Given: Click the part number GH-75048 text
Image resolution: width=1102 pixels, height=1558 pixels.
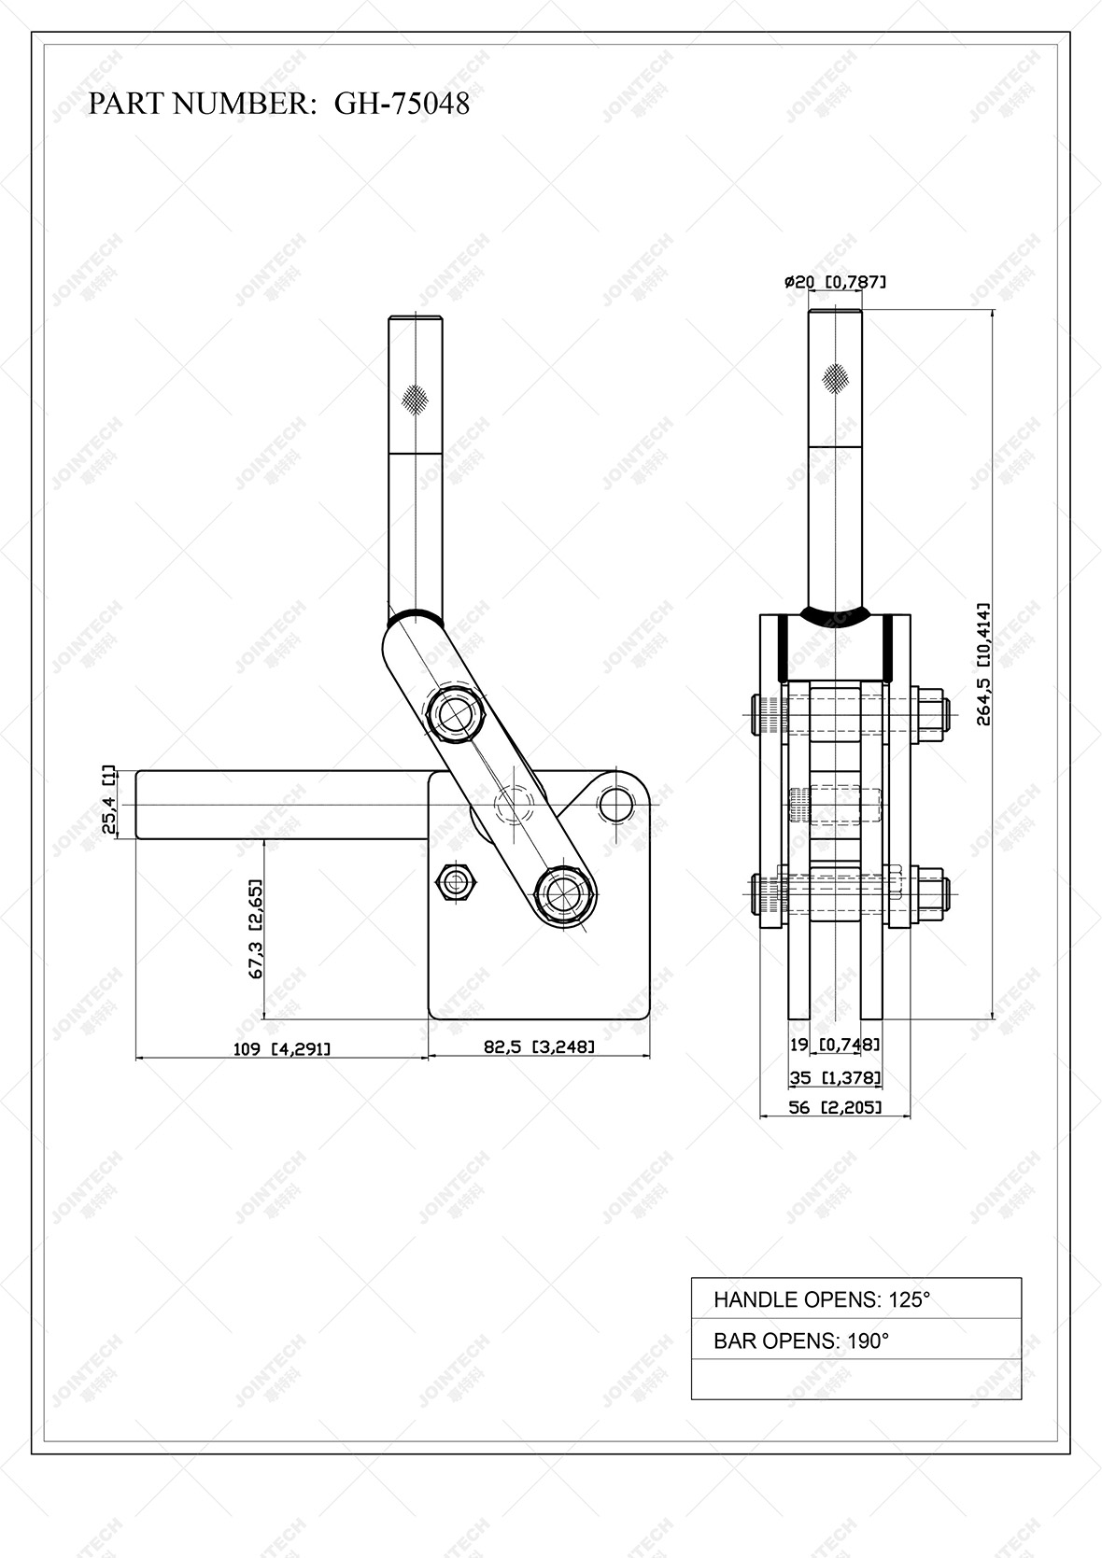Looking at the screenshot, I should click(402, 104).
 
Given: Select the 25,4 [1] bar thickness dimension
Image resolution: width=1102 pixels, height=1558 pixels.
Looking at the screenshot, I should click(109, 802).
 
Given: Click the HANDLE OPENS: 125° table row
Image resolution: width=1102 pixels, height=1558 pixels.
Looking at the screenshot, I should click(855, 1298).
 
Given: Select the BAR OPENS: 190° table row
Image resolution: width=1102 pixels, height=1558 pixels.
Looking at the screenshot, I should click(855, 1340).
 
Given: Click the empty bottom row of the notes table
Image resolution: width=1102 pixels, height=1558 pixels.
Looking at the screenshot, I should click(855, 1380).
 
